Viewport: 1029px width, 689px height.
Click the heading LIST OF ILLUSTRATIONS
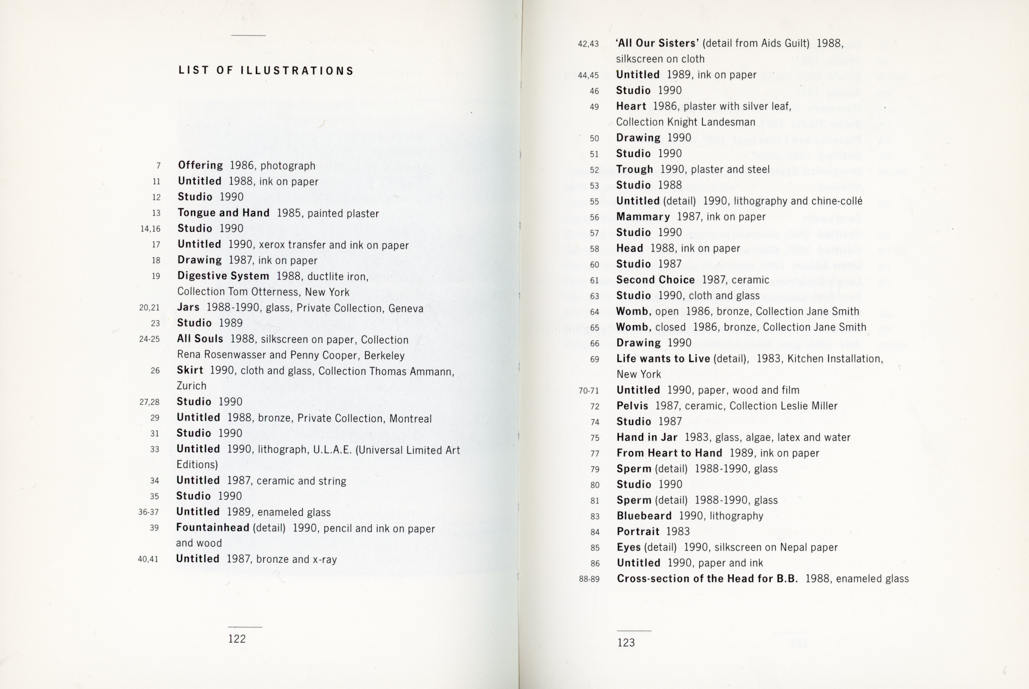[266, 71]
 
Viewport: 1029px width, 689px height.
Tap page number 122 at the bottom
[237, 639]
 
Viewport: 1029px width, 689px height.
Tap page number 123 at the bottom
[626, 643]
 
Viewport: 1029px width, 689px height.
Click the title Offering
[201, 165]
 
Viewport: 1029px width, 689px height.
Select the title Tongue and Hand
[223, 213]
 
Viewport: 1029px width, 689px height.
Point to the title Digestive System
[223, 276]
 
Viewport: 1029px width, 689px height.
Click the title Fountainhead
[213, 528]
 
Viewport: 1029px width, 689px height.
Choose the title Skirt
[190, 370]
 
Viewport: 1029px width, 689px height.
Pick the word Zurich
[191, 386]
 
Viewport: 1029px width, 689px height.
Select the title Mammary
[643, 217]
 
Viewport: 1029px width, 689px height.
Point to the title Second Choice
[655, 280]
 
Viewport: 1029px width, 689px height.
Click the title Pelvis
[632, 406]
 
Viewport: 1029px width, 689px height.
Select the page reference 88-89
[589, 579]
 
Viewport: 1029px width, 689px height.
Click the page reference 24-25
[150, 339]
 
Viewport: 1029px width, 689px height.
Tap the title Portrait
[638, 532]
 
